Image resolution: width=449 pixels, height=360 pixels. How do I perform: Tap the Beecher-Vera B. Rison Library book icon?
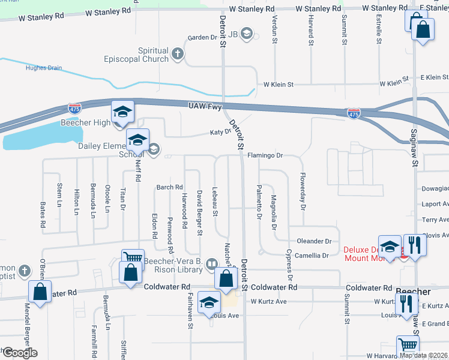211,263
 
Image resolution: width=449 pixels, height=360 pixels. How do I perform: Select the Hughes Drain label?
43,68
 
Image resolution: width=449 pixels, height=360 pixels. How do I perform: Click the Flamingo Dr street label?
265,155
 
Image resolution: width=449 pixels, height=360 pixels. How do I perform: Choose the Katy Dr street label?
220,133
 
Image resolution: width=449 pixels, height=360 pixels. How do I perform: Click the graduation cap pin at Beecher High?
122,112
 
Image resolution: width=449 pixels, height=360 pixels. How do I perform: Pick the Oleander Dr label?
314,241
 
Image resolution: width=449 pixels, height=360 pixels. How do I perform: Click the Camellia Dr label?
313,256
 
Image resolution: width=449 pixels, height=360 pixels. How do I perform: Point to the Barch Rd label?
169,187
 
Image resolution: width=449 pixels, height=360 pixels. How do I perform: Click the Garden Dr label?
202,38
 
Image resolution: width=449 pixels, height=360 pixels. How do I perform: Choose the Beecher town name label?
414,291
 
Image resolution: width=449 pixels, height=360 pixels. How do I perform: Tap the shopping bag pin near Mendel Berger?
40,292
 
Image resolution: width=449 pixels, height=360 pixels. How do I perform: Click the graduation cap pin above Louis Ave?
208,302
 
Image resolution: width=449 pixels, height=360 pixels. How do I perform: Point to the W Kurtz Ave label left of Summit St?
269,301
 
